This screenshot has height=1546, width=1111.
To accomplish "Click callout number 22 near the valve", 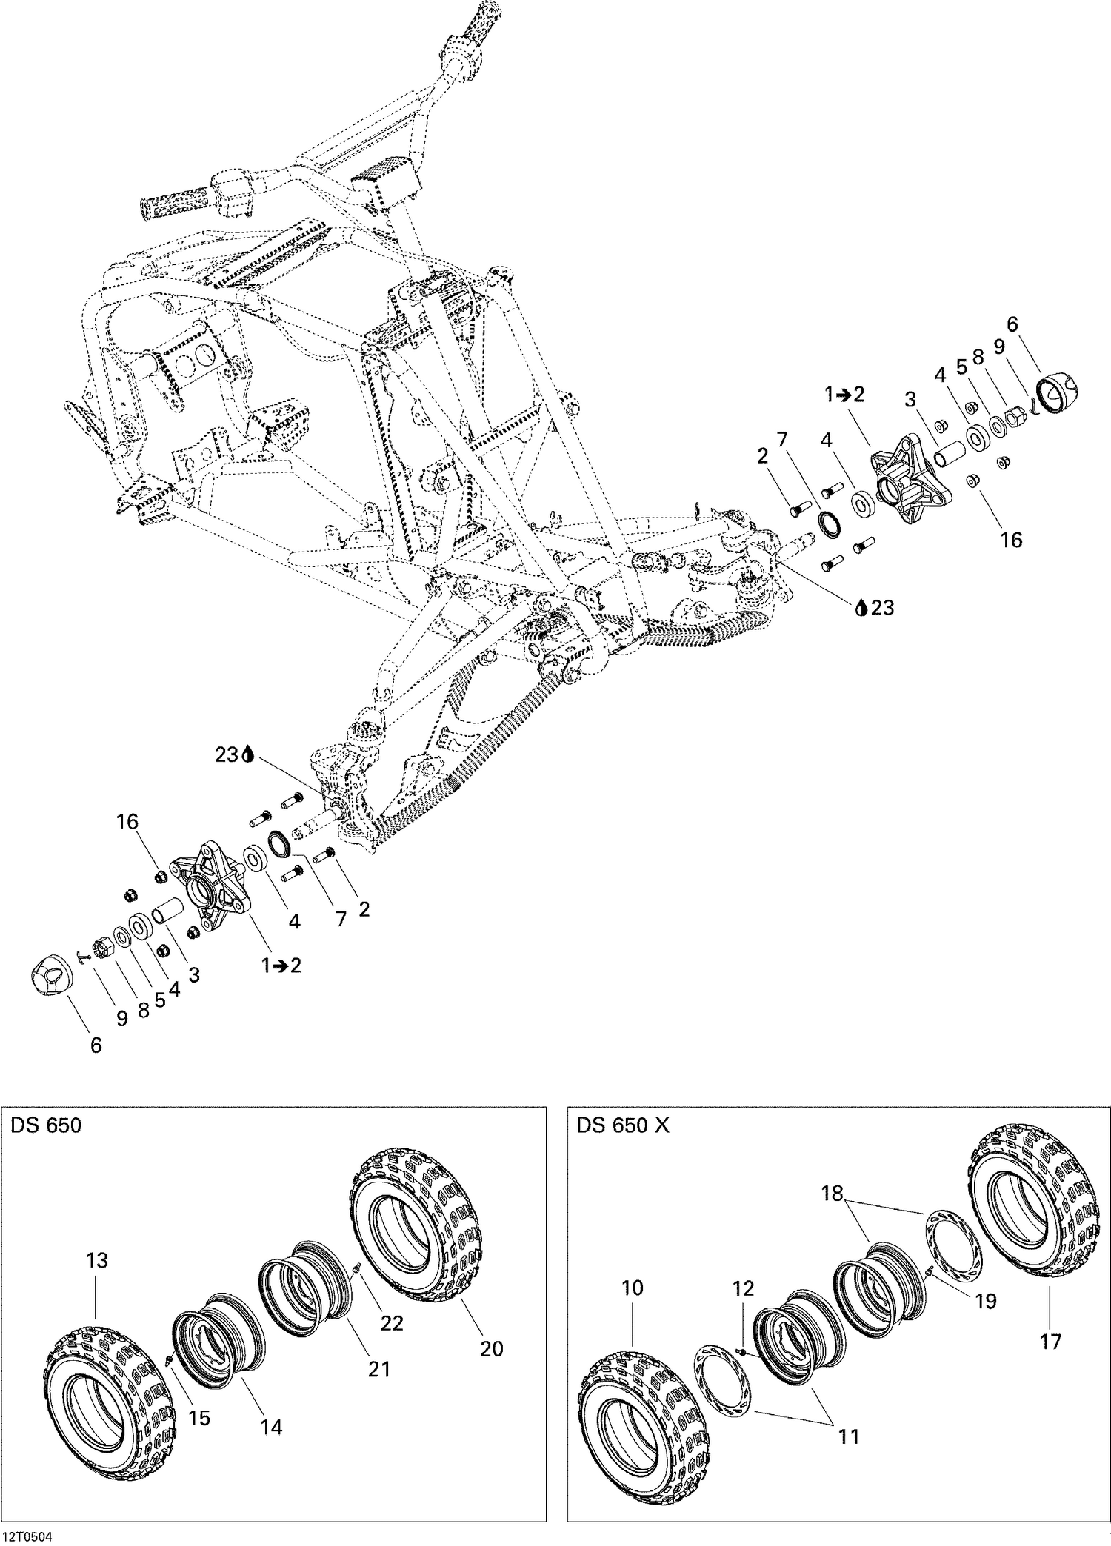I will pos(391,1322).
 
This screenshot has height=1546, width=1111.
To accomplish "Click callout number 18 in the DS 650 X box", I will pos(833,1194).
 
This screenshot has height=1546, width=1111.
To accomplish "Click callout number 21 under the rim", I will pos(378,1369).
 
